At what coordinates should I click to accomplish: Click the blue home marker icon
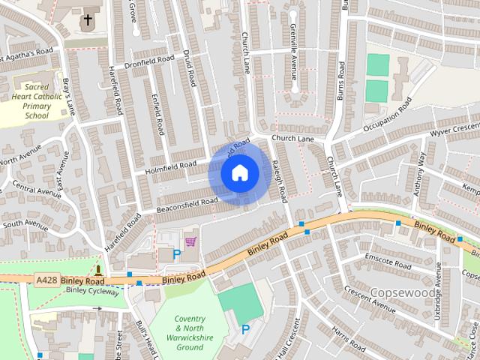pos(239,173)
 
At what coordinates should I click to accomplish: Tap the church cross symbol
pos(88,19)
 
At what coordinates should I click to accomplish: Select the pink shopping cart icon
pos(190,241)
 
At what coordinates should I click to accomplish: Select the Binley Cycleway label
pos(91,289)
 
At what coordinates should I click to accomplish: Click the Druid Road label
pos(190,69)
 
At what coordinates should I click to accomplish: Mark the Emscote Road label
pos(387,261)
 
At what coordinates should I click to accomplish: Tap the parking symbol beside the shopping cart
pos(177,254)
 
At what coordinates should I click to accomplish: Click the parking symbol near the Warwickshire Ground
pos(245,329)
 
